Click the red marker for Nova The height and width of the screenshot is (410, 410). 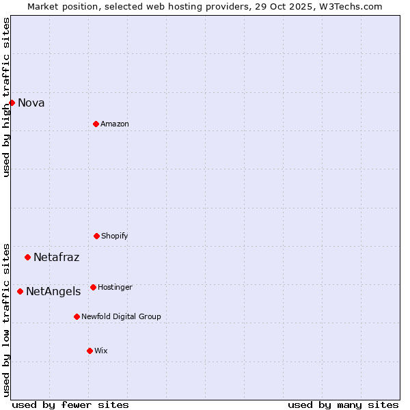point(12,102)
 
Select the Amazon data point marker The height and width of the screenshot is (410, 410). point(96,124)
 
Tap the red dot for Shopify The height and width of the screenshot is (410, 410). point(96,236)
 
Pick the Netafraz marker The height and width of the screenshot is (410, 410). point(27,257)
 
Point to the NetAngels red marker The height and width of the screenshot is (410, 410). point(20,291)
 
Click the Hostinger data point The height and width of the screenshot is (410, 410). point(93,287)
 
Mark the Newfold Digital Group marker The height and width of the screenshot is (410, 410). point(77,316)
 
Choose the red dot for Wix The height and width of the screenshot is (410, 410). point(90,351)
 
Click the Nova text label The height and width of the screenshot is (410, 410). point(31,103)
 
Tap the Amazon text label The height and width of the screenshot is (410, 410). point(115,124)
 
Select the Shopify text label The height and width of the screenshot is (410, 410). point(115,236)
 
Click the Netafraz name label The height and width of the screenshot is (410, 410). point(56,258)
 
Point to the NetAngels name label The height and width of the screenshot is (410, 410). point(53,292)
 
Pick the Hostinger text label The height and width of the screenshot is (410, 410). point(115,288)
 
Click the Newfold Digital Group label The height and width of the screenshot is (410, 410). point(121,317)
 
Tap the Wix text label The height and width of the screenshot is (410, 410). point(101,351)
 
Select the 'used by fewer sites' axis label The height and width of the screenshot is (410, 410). point(70,405)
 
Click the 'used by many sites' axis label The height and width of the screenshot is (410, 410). point(343,405)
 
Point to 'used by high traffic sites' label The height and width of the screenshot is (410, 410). point(6,97)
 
